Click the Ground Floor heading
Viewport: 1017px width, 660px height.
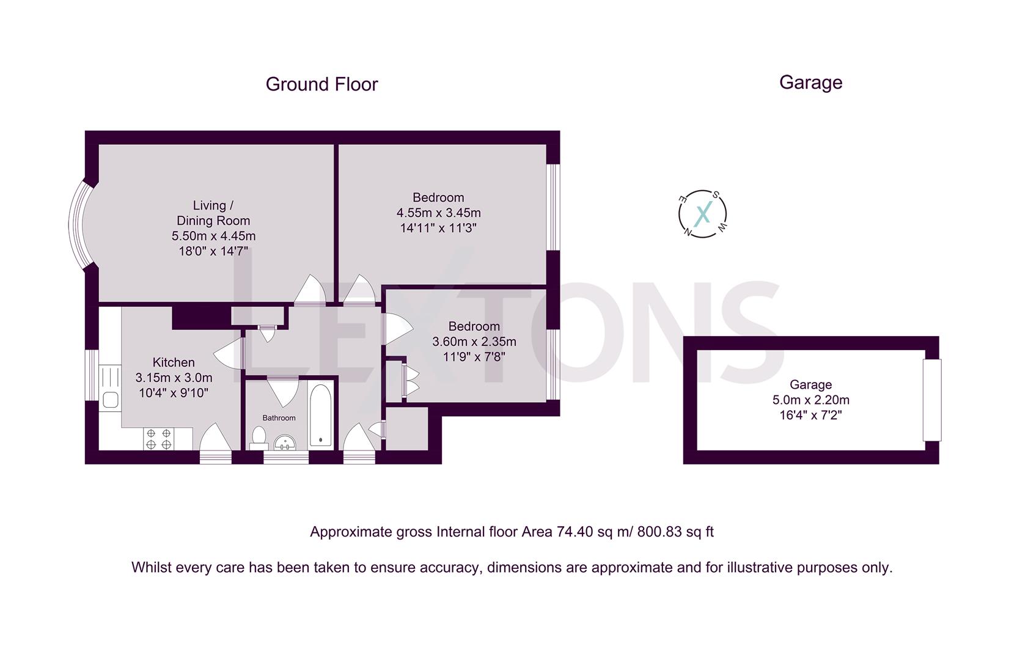(321, 84)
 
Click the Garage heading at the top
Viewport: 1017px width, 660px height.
(810, 82)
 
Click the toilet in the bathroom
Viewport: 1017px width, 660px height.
(259, 438)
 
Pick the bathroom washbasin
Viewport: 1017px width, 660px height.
(284, 442)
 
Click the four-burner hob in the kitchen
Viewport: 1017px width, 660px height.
(159, 439)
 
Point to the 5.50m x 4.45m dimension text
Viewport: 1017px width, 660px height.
(213, 236)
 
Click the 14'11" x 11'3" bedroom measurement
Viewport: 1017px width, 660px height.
(438, 229)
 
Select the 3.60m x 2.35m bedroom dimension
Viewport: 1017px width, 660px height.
(474, 342)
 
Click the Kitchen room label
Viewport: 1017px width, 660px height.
(174, 362)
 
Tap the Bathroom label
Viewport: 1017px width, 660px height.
(279, 418)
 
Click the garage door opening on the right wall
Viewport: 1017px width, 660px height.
(931, 400)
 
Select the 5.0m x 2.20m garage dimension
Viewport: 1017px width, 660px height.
(810, 400)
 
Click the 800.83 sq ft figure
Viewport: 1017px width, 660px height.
(675, 532)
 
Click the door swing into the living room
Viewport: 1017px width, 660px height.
(310, 291)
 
